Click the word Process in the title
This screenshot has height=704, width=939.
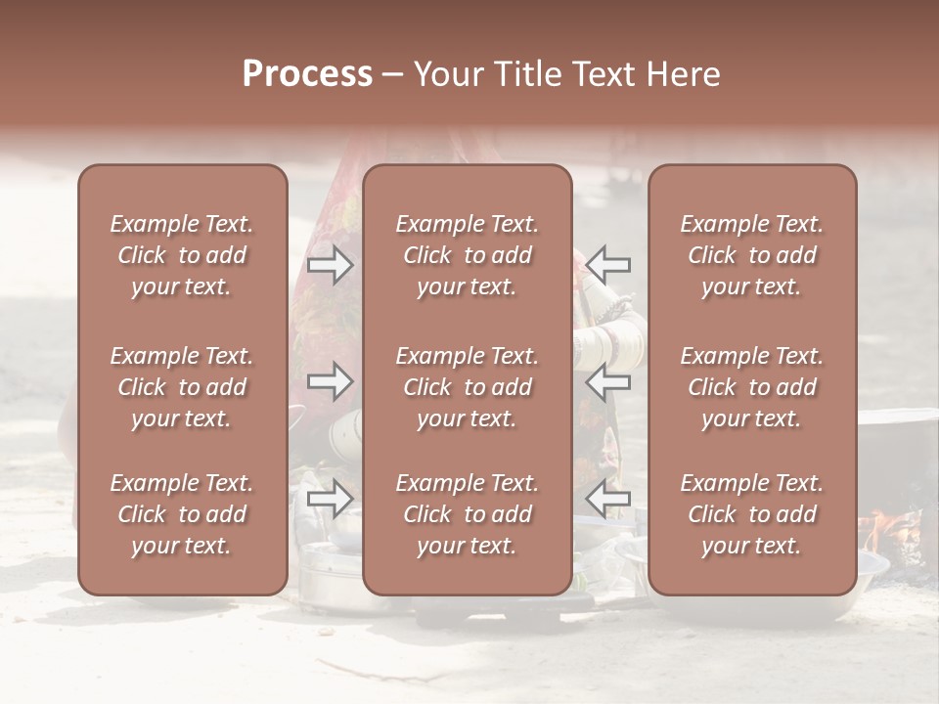(307, 74)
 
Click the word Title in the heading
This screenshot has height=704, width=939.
(524, 74)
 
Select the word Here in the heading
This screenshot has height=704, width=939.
(682, 74)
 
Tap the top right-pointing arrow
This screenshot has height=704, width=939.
(331, 264)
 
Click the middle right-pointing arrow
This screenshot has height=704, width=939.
(331, 382)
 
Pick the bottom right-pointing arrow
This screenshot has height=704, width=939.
(331, 500)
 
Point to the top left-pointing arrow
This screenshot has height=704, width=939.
(607, 264)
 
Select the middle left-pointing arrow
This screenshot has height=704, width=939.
(607, 382)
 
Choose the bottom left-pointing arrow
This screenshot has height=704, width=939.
(607, 500)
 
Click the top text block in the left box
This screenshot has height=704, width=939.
(182, 255)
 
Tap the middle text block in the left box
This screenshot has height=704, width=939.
(182, 387)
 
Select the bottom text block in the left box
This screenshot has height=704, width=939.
(182, 514)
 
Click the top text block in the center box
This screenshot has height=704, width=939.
(468, 255)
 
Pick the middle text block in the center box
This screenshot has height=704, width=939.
(468, 387)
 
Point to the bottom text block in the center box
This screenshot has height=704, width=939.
(468, 514)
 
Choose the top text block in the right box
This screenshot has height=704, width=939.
(752, 255)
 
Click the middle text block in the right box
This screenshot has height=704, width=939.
(752, 387)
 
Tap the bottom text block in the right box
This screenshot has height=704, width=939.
(752, 514)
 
